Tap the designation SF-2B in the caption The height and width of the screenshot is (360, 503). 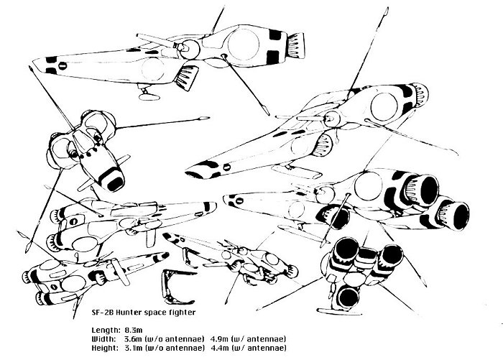pos(103,312)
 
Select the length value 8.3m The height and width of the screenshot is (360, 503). pos(134,330)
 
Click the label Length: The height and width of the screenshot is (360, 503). pos(106,331)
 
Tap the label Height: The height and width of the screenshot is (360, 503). pos(105,348)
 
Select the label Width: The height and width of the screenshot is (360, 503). pos(104,339)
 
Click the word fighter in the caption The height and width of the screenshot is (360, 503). pos(182,312)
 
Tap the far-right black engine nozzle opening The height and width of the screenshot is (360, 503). pos(461,216)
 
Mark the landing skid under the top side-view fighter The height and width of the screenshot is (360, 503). pos(149,96)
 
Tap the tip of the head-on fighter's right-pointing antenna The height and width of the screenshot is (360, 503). pos(209,119)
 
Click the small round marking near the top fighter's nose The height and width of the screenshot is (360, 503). pos(63,66)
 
